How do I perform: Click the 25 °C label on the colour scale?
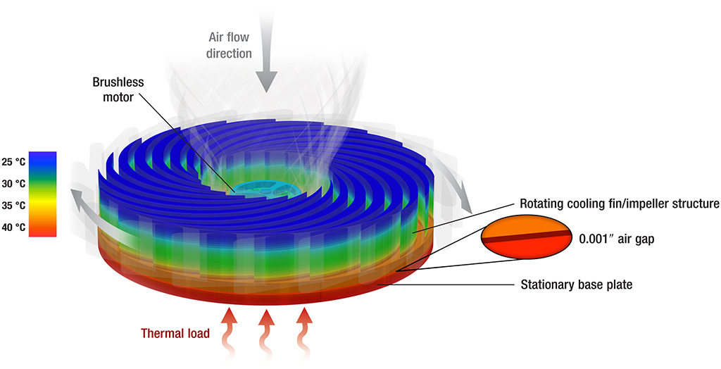coord(13,162)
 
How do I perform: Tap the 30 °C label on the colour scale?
coord(13,184)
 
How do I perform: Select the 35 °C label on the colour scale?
coord(13,205)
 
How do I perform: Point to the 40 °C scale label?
coord(13,227)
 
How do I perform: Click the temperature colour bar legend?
coord(43,194)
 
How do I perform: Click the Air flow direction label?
coord(229,45)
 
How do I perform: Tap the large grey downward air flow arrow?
coord(266,51)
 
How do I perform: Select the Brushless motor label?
coord(118,89)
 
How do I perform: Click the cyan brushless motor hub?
coord(262,188)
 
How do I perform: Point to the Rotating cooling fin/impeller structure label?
coord(619,204)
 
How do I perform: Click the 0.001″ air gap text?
coord(616,239)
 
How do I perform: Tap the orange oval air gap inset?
coord(527,237)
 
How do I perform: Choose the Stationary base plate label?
coord(576,284)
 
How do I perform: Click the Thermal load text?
coord(175,333)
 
